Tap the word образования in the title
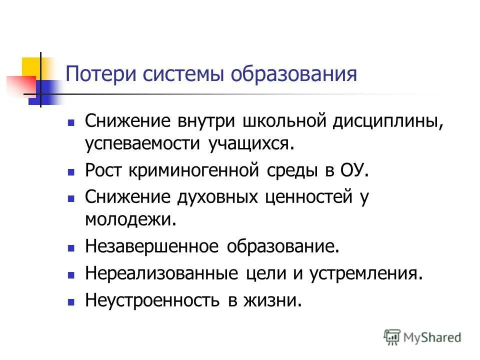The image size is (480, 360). [x=294, y=74]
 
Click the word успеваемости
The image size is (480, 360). [x=142, y=144]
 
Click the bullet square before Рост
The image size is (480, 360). [x=71, y=171]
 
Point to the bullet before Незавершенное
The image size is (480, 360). [x=71, y=247]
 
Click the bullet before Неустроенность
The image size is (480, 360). [x=71, y=302]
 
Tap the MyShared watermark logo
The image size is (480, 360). [x=422, y=337]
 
